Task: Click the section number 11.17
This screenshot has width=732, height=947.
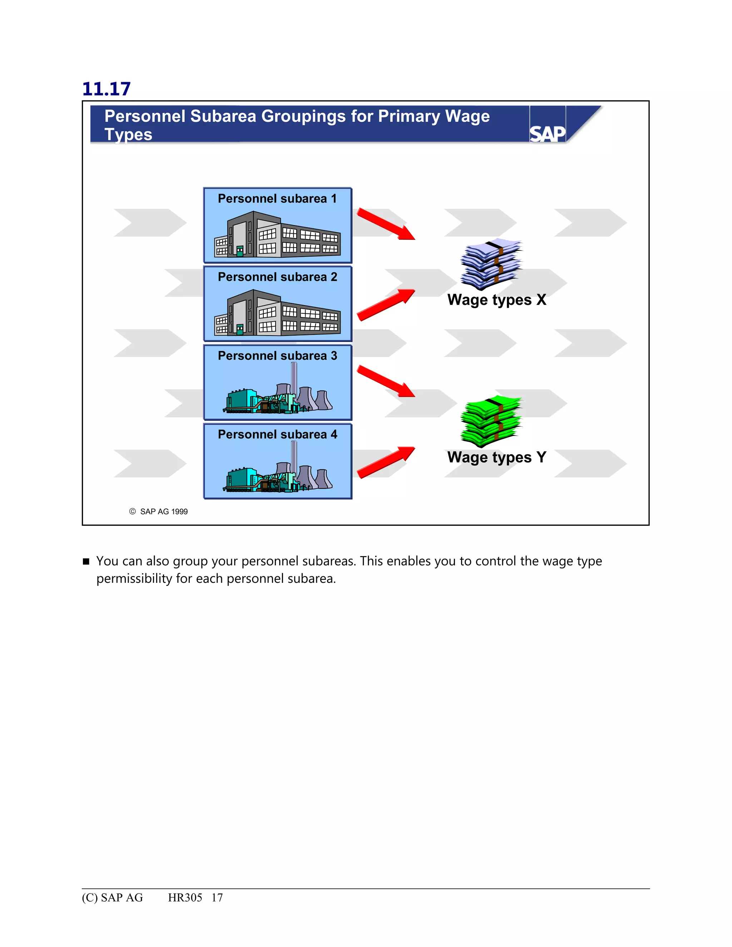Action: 106,89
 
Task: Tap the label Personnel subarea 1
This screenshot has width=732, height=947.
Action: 277,199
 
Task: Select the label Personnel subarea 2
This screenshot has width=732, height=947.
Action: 277,277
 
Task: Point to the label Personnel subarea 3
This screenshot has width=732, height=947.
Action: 277,356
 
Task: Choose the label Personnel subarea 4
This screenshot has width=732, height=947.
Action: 277,435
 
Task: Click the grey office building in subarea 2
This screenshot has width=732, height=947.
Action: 277,313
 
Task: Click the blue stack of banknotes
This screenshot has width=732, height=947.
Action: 491,264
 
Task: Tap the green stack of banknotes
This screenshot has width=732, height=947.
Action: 491,421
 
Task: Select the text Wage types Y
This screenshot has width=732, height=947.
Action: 496,457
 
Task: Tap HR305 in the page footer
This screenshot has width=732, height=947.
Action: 185,898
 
